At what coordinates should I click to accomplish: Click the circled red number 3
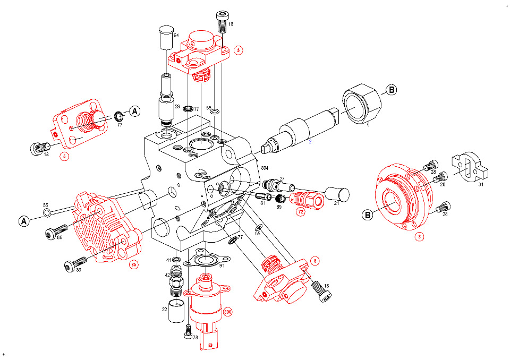pyautogui.click(x=419, y=237)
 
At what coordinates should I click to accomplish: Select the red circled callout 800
pyautogui.click(x=228, y=312)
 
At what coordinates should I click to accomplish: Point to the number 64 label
pyautogui.click(x=176, y=35)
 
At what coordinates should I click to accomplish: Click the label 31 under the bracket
pyautogui.click(x=481, y=184)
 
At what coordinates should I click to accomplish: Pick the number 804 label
pyautogui.click(x=265, y=168)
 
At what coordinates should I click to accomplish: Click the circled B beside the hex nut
pyautogui.click(x=390, y=90)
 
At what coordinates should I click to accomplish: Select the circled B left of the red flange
pyautogui.click(x=367, y=215)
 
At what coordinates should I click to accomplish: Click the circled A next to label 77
pyautogui.click(x=135, y=111)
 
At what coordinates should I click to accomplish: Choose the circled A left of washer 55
pyautogui.click(x=23, y=220)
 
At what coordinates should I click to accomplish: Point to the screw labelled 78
pyautogui.click(x=188, y=332)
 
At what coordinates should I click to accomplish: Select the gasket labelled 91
pyautogui.click(x=204, y=260)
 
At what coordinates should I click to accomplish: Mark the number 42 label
pyautogui.click(x=168, y=275)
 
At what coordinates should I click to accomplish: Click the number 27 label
pyautogui.click(x=282, y=179)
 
